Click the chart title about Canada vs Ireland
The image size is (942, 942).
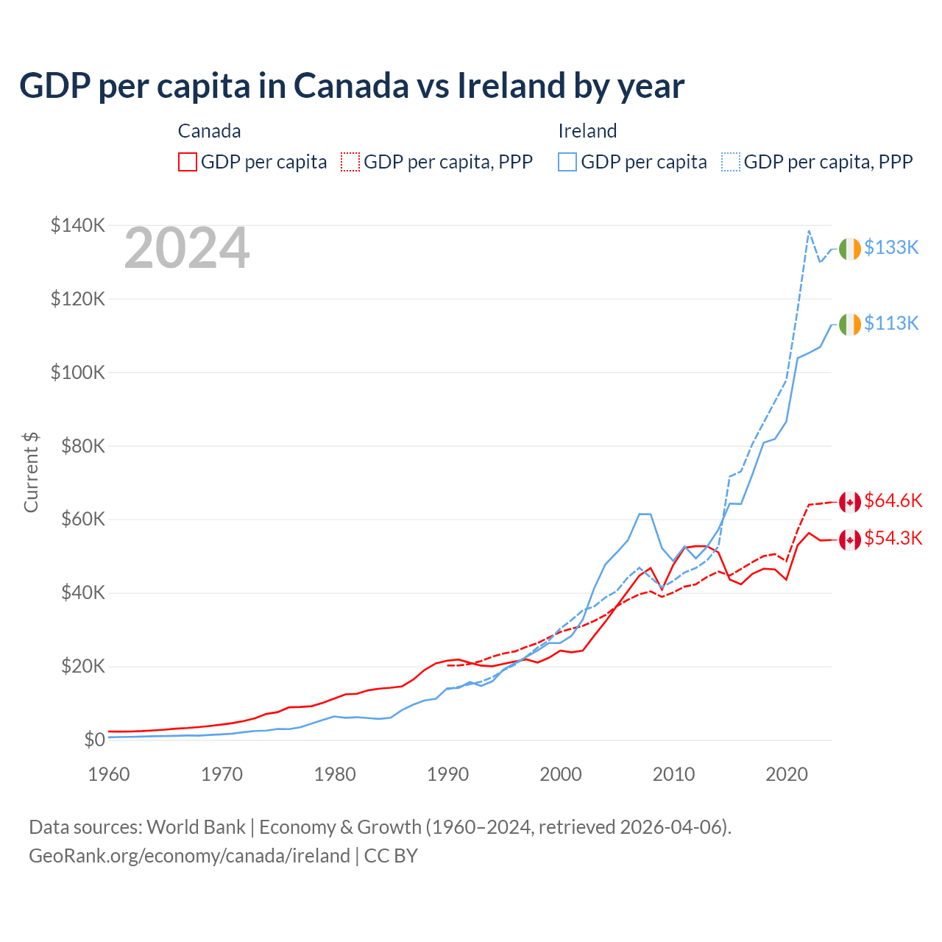coord(352,85)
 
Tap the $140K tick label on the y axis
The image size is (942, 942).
coord(78,225)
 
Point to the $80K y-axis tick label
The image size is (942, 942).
coord(78,446)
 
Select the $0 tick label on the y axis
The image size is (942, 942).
coord(94,740)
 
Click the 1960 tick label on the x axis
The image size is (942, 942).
coord(109,774)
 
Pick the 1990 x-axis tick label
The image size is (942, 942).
coord(447,774)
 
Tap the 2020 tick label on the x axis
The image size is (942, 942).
coord(787,774)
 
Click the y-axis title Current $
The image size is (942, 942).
coord(31,472)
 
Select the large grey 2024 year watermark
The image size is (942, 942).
coord(187,249)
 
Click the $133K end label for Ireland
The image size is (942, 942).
coord(891,248)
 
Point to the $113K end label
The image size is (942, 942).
coord(891,324)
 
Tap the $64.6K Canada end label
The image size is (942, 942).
coord(893,501)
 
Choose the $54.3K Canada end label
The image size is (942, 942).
coord(893,539)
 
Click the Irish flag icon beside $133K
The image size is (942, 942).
coord(850,249)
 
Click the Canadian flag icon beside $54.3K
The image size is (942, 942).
coord(850,539)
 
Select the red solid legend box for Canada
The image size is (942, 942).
coord(188,162)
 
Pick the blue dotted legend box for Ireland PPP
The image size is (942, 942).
coord(731,162)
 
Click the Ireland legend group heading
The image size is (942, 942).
coord(587,131)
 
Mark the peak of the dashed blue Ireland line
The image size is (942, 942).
coord(809,230)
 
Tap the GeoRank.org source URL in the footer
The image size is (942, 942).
coord(189,856)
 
